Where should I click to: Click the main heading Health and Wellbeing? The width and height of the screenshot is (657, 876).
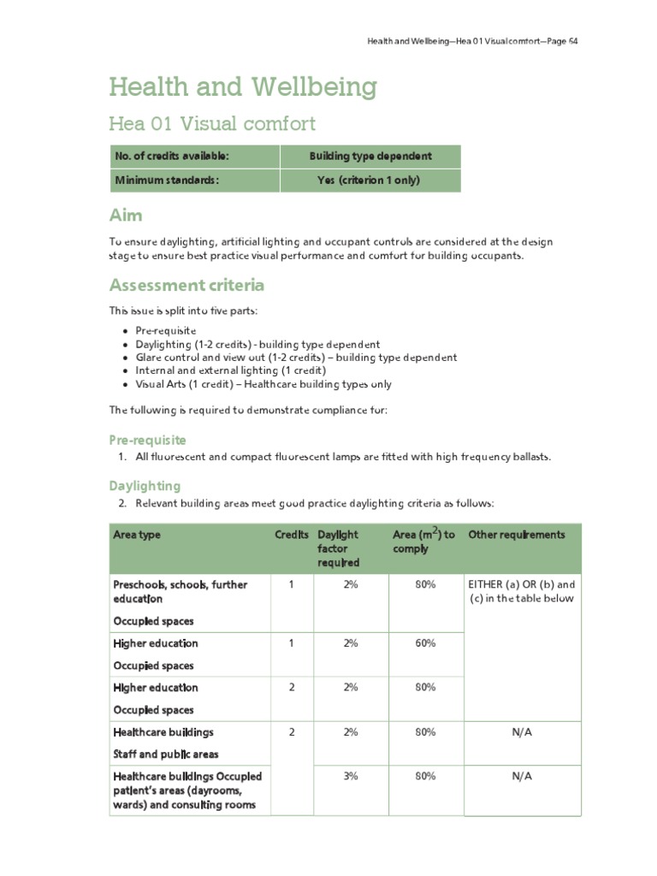(x=242, y=86)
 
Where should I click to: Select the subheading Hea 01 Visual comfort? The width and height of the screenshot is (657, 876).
(x=211, y=124)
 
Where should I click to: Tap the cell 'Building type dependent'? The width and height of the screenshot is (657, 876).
(x=370, y=157)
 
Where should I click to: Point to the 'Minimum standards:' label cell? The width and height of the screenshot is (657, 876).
(x=167, y=181)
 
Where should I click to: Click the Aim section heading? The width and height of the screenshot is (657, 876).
(x=126, y=215)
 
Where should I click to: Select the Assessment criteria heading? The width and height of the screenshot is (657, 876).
(x=186, y=285)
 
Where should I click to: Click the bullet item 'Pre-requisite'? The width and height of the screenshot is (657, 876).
(x=165, y=330)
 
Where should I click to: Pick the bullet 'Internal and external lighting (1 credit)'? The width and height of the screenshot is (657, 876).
(x=230, y=370)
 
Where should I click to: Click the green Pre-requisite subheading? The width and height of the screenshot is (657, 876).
(x=146, y=440)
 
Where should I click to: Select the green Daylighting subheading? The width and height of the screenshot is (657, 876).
(x=145, y=486)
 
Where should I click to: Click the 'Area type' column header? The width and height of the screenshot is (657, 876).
(x=137, y=535)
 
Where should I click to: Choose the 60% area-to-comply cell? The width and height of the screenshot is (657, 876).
(x=425, y=643)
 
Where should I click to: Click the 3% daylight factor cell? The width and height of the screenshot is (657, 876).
(x=351, y=776)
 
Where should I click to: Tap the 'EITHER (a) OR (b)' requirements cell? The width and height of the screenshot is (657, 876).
(x=521, y=591)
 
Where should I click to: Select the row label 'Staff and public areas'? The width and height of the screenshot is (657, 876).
(x=166, y=755)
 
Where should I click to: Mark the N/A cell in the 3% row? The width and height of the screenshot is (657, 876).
(x=521, y=776)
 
